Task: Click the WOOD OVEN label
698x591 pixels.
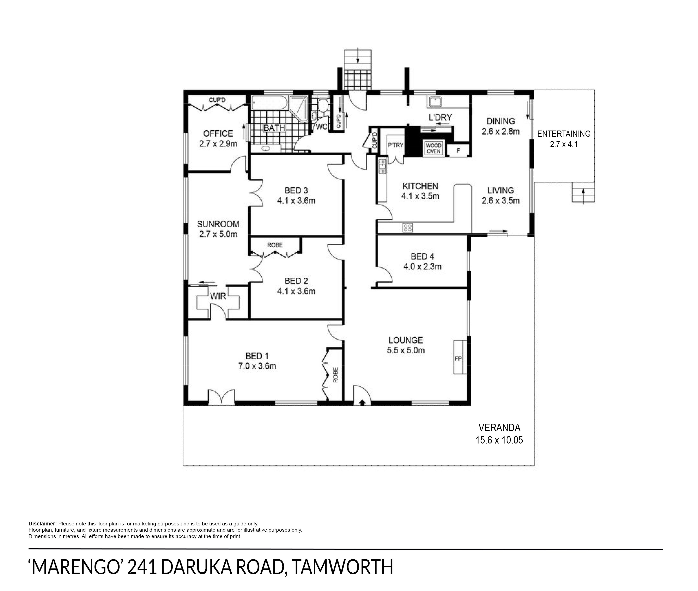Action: (433, 148)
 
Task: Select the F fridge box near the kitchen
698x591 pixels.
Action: (458, 151)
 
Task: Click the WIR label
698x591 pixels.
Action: (218, 296)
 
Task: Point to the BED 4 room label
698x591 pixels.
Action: (422, 257)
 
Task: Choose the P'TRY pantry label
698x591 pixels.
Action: (396, 145)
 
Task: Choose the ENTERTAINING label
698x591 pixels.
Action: (564, 134)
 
